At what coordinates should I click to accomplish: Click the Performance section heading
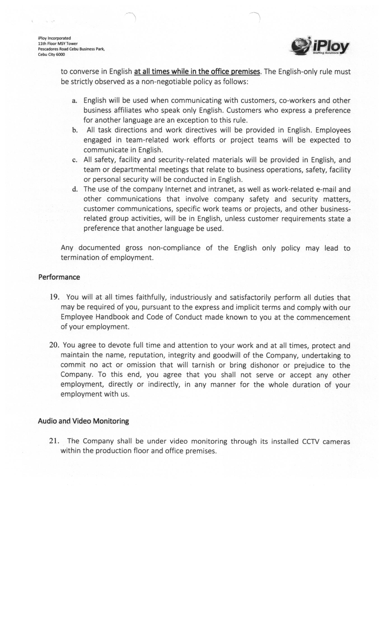[x=59, y=277]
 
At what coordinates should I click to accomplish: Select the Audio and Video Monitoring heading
[x=83, y=421]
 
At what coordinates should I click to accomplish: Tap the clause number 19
[x=54, y=297]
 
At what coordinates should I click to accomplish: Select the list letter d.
[x=75, y=190]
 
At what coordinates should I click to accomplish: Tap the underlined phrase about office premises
[x=197, y=72]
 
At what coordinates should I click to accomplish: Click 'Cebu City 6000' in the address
[x=51, y=54]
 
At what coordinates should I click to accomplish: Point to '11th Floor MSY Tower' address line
[x=58, y=44]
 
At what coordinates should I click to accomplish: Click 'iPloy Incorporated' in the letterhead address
[x=54, y=38]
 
